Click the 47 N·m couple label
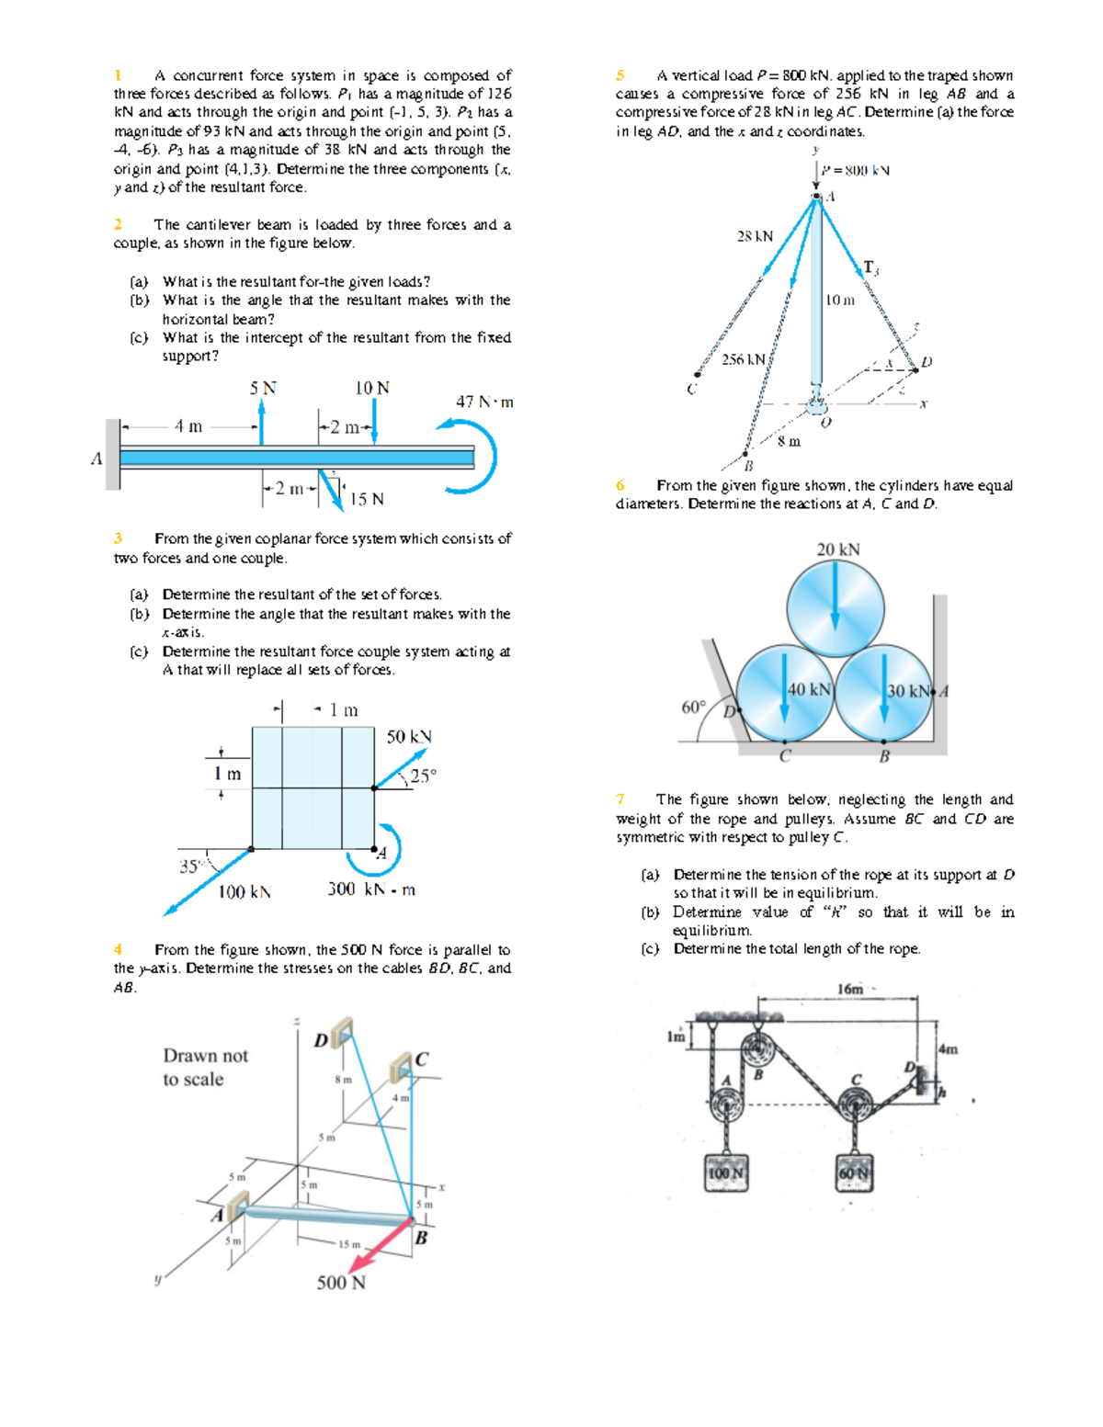click(x=484, y=402)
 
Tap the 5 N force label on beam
click(x=263, y=388)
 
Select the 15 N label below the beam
click(x=367, y=499)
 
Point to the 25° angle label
click(x=423, y=776)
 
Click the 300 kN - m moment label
click(x=371, y=889)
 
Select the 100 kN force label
click(x=244, y=891)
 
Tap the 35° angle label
click(x=190, y=866)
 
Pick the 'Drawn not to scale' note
click(x=205, y=1067)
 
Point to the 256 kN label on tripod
click(x=743, y=359)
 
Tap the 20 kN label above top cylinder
click(x=837, y=549)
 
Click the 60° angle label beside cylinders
click(x=693, y=708)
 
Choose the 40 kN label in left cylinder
click(x=809, y=689)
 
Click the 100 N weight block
click(x=726, y=1173)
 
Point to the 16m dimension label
click(x=850, y=989)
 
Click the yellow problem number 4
click(x=118, y=949)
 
